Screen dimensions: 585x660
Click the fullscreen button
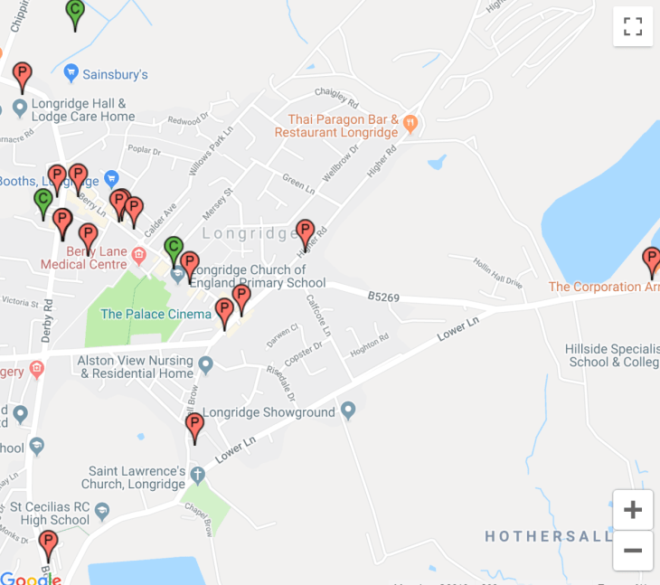(x=633, y=26)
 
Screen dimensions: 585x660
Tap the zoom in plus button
(x=633, y=510)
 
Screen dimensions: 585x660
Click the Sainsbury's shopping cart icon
(x=70, y=74)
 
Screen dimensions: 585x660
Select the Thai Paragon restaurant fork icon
(x=410, y=124)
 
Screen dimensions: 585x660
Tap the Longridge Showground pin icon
(x=349, y=412)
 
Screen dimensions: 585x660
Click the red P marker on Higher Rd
(x=306, y=233)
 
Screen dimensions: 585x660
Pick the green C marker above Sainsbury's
(x=75, y=12)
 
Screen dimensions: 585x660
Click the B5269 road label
(x=383, y=297)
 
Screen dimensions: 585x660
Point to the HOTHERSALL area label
(x=548, y=536)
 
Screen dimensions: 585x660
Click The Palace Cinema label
(x=156, y=315)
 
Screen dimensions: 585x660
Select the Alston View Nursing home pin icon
(x=206, y=365)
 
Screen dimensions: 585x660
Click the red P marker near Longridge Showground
(x=194, y=426)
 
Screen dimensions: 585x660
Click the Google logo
(x=30, y=579)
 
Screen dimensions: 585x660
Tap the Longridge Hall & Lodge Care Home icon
(x=20, y=109)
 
